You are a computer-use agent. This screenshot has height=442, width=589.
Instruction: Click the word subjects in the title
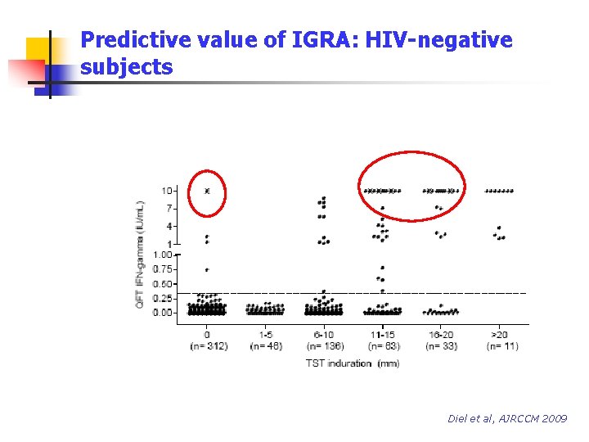tap(127, 67)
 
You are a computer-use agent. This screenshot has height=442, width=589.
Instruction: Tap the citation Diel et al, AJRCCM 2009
tap(507, 418)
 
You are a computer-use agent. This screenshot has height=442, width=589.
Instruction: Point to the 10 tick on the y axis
tap(167, 191)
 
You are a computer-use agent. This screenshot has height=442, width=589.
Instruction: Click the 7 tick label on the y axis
tap(169, 209)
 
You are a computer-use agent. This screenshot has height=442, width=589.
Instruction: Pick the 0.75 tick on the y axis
tap(164, 268)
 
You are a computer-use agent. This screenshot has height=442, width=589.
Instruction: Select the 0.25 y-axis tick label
tap(164, 298)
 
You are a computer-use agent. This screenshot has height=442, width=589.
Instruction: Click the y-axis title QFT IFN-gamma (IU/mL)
tap(141, 255)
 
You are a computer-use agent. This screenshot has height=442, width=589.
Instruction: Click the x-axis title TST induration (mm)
tap(353, 363)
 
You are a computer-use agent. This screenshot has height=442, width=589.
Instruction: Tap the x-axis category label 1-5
tap(265, 335)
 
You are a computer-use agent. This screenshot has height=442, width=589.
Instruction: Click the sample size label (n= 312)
tap(208, 346)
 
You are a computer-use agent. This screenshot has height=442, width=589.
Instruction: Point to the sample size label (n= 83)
tap(383, 346)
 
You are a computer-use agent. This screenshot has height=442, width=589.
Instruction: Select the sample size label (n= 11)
tap(501, 346)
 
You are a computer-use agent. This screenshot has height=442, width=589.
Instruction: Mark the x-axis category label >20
tap(501, 335)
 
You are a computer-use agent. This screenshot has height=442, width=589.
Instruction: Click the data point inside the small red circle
tap(207, 191)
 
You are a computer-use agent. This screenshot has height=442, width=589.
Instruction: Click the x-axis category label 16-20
tap(442, 335)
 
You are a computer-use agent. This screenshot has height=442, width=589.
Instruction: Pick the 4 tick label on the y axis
tap(169, 226)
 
